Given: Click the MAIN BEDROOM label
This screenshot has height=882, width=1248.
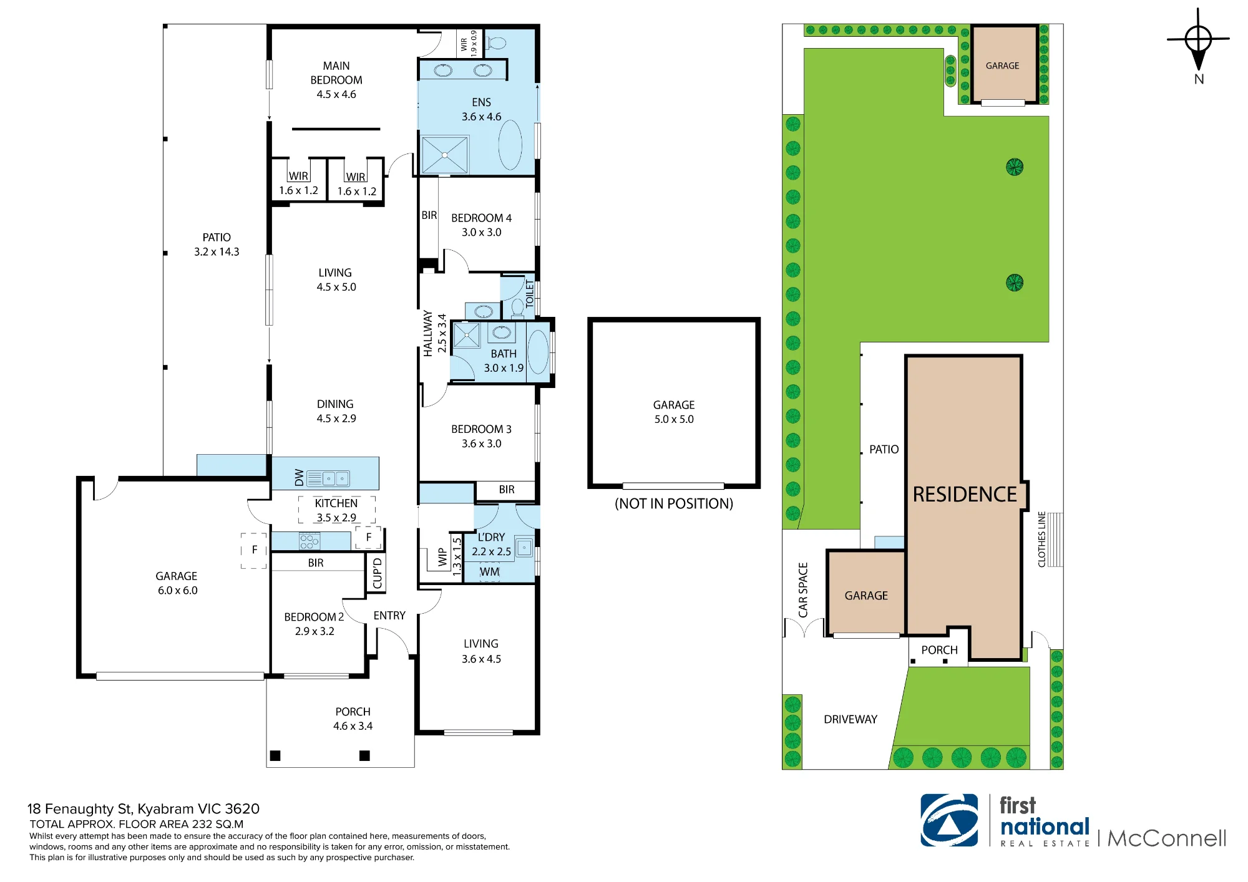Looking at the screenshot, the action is [x=336, y=73].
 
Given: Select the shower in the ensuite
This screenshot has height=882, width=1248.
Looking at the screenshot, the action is [x=444, y=155].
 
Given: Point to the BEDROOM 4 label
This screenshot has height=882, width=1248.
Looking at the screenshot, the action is [x=481, y=218].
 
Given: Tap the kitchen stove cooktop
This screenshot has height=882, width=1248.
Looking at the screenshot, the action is [x=310, y=541].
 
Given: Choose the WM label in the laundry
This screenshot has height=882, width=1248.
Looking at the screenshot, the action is [x=489, y=571].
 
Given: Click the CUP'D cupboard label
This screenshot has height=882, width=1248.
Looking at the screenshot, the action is [x=377, y=573].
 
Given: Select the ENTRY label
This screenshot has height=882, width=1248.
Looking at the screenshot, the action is [x=389, y=616].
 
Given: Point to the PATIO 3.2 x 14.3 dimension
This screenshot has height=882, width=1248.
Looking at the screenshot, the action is [x=217, y=252].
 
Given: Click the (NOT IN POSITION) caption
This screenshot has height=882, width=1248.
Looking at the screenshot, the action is [x=674, y=503].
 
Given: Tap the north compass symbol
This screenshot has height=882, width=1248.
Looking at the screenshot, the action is [x=1198, y=40].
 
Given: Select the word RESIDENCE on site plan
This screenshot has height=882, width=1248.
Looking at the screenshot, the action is [x=965, y=494].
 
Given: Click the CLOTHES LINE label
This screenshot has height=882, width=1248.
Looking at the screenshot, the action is [x=1041, y=540].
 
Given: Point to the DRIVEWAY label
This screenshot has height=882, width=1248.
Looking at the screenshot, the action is [x=851, y=719].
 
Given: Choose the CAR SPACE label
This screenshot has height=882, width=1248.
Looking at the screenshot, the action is [x=803, y=590].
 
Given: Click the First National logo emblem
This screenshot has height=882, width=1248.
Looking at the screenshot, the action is [x=949, y=820].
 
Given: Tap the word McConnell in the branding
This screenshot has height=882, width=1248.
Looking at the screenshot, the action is [x=1167, y=838].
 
